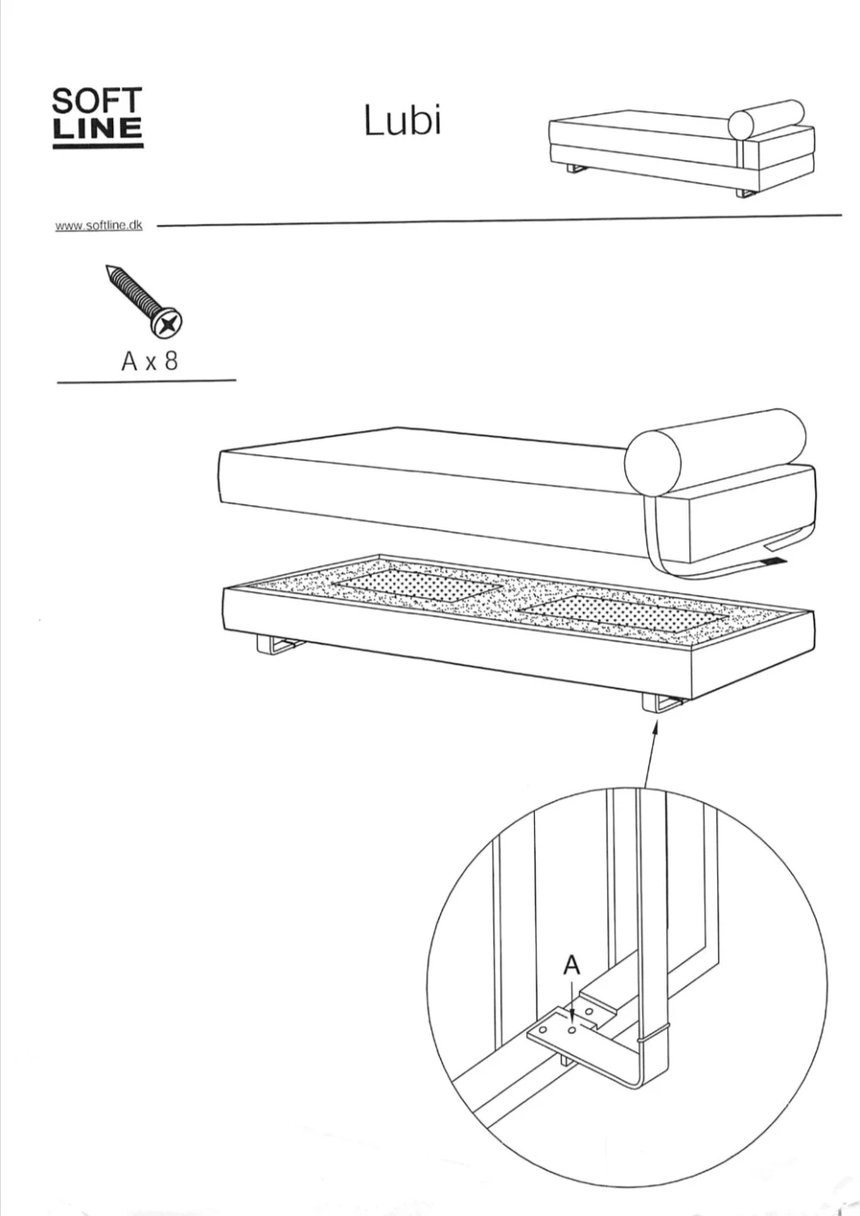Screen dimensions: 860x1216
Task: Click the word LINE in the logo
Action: tap(98, 128)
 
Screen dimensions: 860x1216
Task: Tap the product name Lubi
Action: tap(402, 120)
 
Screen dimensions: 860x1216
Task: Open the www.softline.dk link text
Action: tap(99, 225)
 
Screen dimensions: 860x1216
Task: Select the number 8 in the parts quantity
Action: tap(171, 361)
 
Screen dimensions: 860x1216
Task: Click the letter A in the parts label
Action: tap(130, 361)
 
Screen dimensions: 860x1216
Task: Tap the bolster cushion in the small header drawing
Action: tap(765, 118)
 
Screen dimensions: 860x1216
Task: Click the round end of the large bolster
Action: tap(651, 461)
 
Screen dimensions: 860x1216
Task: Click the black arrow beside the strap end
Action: tap(773, 561)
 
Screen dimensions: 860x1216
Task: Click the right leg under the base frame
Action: tap(661, 703)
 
